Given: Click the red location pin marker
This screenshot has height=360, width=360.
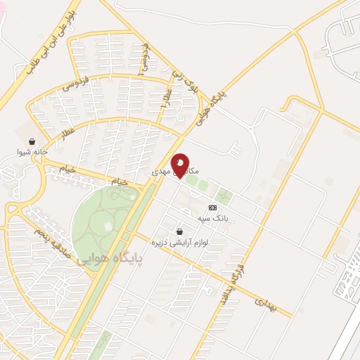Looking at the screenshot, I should coord(181,165).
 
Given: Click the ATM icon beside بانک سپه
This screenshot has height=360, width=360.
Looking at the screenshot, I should coord(212,207).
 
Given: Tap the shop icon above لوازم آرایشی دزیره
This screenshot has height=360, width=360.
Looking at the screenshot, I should coord(180,231).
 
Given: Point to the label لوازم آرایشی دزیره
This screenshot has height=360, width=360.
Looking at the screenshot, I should coord(179,242).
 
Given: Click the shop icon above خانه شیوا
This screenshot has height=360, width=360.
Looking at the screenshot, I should coord(32,141).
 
